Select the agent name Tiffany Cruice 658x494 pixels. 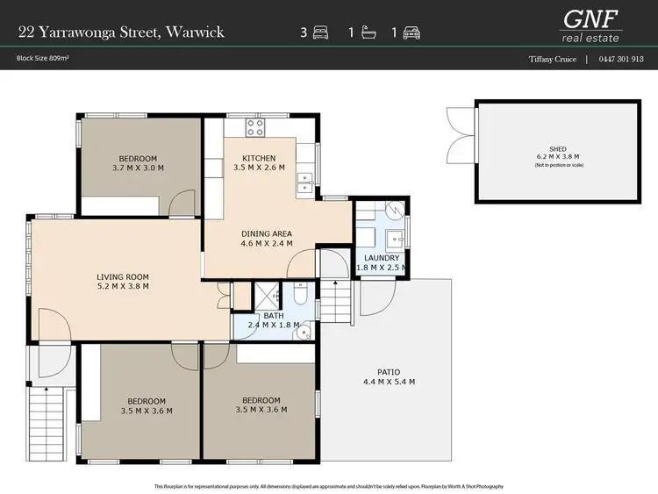click(x=552, y=60)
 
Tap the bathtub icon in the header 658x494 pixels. click(x=368, y=33)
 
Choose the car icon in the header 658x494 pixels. click(x=411, y=33)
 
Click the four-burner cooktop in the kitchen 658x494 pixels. click(x=255, y=129)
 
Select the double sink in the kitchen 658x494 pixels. click(x=307, y=183)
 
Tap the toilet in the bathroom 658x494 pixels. click(x=300, y=297)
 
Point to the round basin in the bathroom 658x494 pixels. click(x=304, y=331)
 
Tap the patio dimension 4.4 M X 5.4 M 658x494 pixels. click(x=389, y=382)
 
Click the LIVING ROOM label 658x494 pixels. click(x=123, y=276)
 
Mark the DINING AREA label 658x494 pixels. click(x=267, y=233)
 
